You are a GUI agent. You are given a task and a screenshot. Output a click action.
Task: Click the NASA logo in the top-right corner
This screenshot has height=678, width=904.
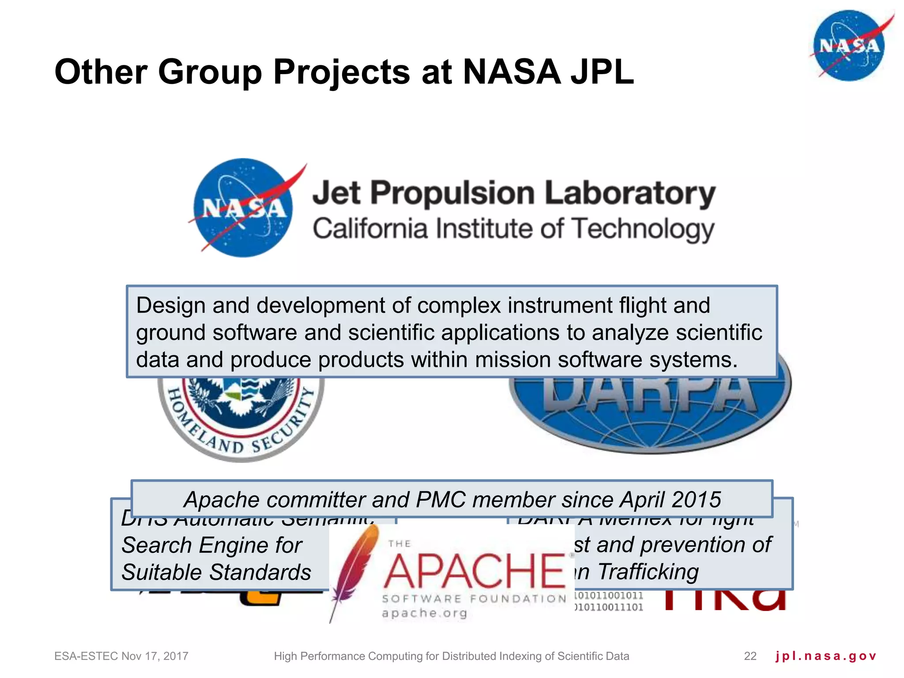(849, 45)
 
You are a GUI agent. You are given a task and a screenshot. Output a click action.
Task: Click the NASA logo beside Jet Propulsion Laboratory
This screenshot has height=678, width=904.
(243, 208)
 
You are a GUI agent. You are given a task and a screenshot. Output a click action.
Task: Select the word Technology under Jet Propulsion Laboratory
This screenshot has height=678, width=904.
(643, 230)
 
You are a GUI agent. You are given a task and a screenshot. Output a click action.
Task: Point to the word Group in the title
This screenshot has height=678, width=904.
(210, 72)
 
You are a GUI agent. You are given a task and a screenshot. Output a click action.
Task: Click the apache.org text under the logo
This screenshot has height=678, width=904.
(424, 613)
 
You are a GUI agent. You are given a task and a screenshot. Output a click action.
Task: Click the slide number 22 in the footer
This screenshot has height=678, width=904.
(750, 656)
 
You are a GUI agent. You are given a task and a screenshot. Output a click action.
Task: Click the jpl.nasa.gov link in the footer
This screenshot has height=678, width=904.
(825, 656)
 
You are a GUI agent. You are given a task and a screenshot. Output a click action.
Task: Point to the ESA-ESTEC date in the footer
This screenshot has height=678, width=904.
(121, 656)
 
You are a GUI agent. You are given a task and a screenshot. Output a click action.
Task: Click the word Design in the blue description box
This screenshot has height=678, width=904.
(170, 305)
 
